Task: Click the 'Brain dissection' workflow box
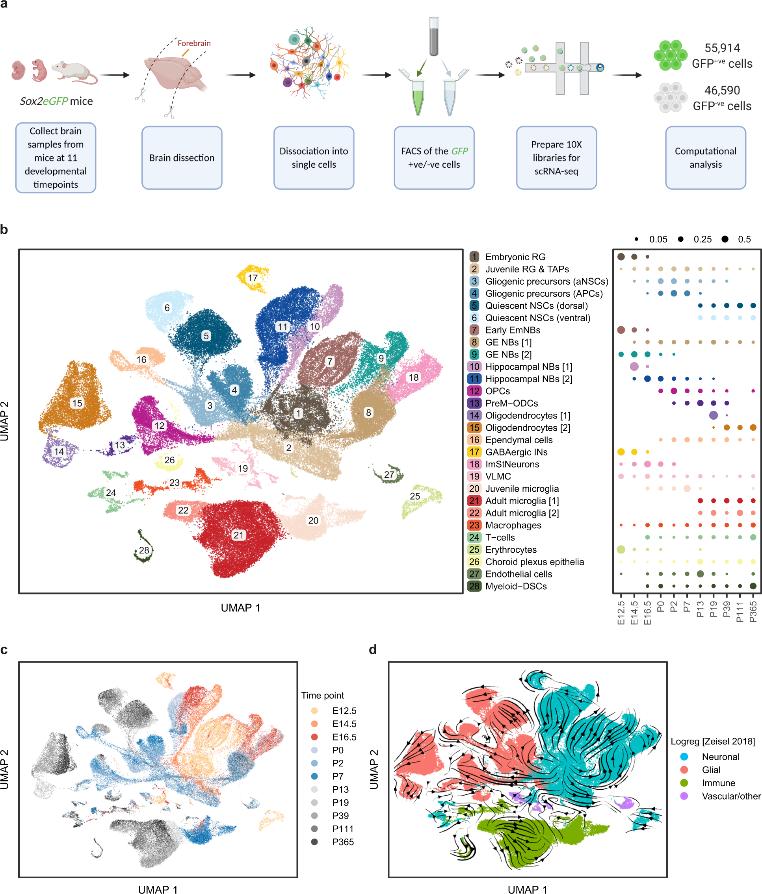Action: tap(182, 157)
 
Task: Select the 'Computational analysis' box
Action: tap(705, 157)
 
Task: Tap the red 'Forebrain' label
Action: tap(194, 43)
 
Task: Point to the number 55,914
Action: tap(722, 48)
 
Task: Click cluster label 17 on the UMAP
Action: tap(253, 278)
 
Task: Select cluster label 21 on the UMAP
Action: tap(239, 535)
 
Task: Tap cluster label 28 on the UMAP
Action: tap(144, 550)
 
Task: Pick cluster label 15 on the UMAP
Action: tap(77, 403)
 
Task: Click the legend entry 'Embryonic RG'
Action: tap(515, 257)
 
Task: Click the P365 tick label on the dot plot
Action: tap(753, 612)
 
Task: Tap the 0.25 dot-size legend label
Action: tap(703, 239)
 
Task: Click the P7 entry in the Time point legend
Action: tap(338, 776)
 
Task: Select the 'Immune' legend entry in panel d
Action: tap(718, 783)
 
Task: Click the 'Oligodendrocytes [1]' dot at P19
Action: tap(713, 415)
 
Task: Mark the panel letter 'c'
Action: tap(4, 650)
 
